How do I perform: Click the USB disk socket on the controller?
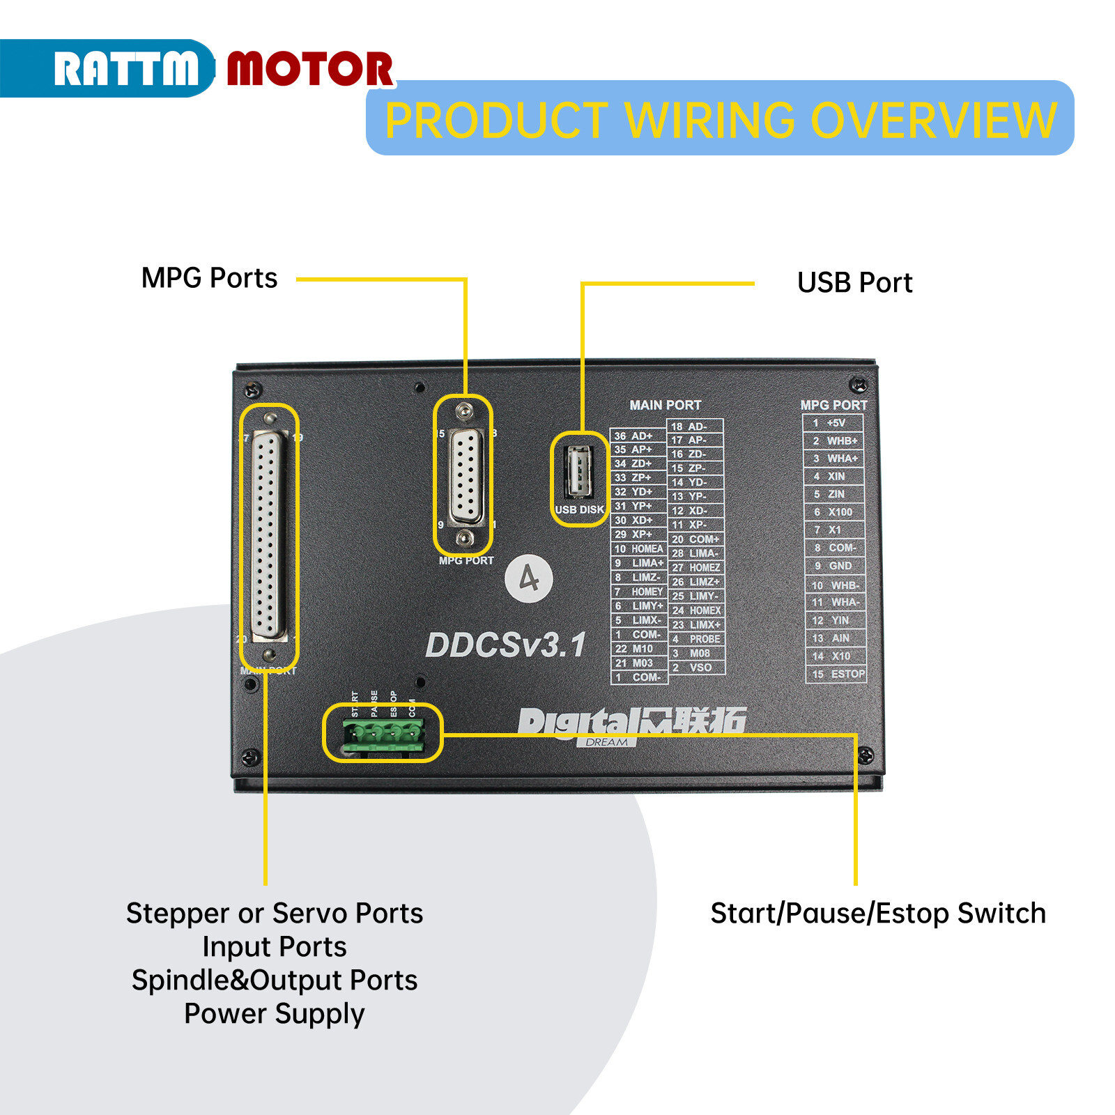[x=578, y=472]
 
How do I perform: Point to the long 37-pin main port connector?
[x=269, y=535]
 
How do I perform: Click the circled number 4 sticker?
[x=529, y=578]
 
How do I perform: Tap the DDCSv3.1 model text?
[x=506, y=645]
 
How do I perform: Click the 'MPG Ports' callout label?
[x=209, y=278]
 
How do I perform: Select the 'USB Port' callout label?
[x=854, y=283]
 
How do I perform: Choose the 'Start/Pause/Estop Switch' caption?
[x=878, y=913]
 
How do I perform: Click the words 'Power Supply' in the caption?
[x=275, y=1014]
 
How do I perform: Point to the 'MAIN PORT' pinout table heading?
[x=665, y=406]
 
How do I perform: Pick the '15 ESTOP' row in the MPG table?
[x=837, y=674]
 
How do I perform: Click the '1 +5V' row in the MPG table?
[x=833, y=423]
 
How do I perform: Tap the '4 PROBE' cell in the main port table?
[x=696, y=639]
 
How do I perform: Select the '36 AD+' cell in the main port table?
[x=638, y=436]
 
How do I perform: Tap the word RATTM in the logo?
[x=125, y=69]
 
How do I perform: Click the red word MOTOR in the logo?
[x=310, y=69]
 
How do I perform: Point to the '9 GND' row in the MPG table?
[x=834, y=566]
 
